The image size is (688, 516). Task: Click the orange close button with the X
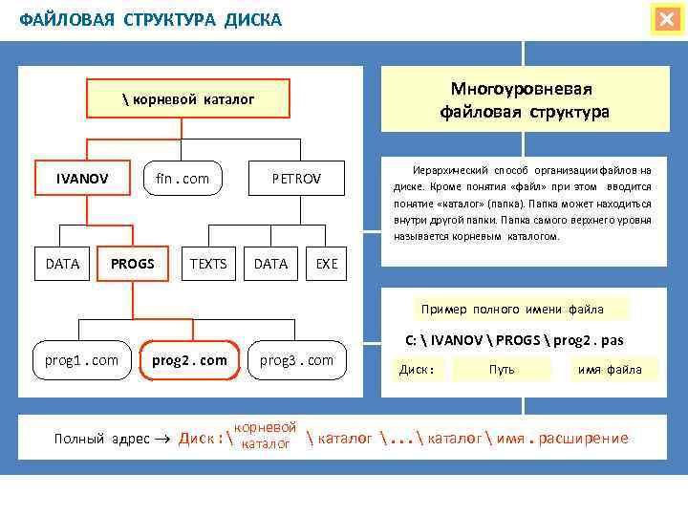click(665, 19)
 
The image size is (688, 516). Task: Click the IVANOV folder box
click(82, 179)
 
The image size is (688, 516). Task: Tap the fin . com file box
click(183, 179)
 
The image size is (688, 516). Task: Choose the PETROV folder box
click(296, 179)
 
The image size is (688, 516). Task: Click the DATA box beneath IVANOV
click(63, 264)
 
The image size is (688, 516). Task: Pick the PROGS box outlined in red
click(133, 264)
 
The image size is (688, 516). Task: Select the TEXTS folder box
click(209, 264)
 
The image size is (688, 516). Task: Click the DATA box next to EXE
click(271, 264)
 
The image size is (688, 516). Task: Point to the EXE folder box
click(327, 264)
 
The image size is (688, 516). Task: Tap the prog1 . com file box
click(82, 360)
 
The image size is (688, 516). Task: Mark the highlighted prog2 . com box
click(189, 360)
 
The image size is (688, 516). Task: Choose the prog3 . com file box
click(297, 360)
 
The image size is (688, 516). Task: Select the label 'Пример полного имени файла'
click(512, 309)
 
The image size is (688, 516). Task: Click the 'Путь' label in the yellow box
click(502, 369)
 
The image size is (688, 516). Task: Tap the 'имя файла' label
click(609, 369)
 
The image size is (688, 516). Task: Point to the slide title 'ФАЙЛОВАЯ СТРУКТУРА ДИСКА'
click(151, 19)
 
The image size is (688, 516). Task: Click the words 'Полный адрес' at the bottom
click(102, 438)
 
